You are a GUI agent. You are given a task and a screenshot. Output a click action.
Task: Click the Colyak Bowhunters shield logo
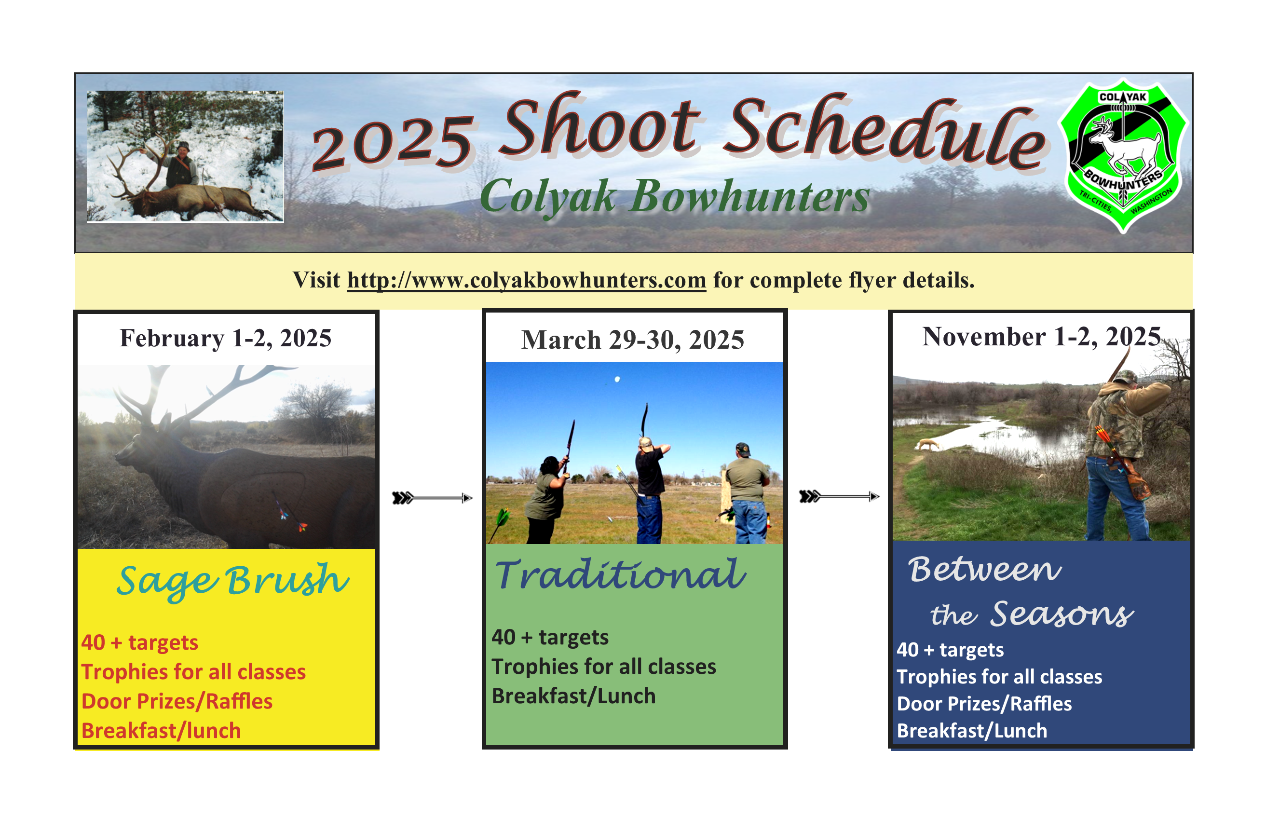pos(1123,156)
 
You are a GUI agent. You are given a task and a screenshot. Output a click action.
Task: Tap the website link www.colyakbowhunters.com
pos(526,280)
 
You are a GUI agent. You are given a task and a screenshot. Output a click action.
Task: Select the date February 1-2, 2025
pos(226,338)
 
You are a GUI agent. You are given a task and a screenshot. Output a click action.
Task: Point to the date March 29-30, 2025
pos(632,340)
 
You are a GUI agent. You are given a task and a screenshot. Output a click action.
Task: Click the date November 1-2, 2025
pos(1041,337)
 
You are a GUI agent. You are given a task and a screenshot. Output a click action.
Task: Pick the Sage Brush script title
pos(233,582)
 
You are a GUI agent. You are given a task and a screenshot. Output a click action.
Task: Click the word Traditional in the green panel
pos(620,574)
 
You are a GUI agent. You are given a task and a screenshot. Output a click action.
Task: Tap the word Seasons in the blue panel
pos(1061,614)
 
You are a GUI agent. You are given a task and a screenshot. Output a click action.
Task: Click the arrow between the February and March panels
pos(433,498)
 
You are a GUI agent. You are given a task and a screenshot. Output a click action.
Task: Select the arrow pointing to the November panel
pos(839,496)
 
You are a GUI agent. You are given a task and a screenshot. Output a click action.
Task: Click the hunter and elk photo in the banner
pos(185,156)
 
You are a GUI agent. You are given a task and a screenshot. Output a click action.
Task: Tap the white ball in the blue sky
pos(617,379)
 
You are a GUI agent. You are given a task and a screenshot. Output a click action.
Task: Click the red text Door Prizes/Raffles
pos(177,701)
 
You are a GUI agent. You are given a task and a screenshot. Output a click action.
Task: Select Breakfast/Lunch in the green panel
pos(573,696)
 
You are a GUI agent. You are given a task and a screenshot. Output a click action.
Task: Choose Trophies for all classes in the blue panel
pos(999,677)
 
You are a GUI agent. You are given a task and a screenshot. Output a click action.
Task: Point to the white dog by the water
pos(926,444)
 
